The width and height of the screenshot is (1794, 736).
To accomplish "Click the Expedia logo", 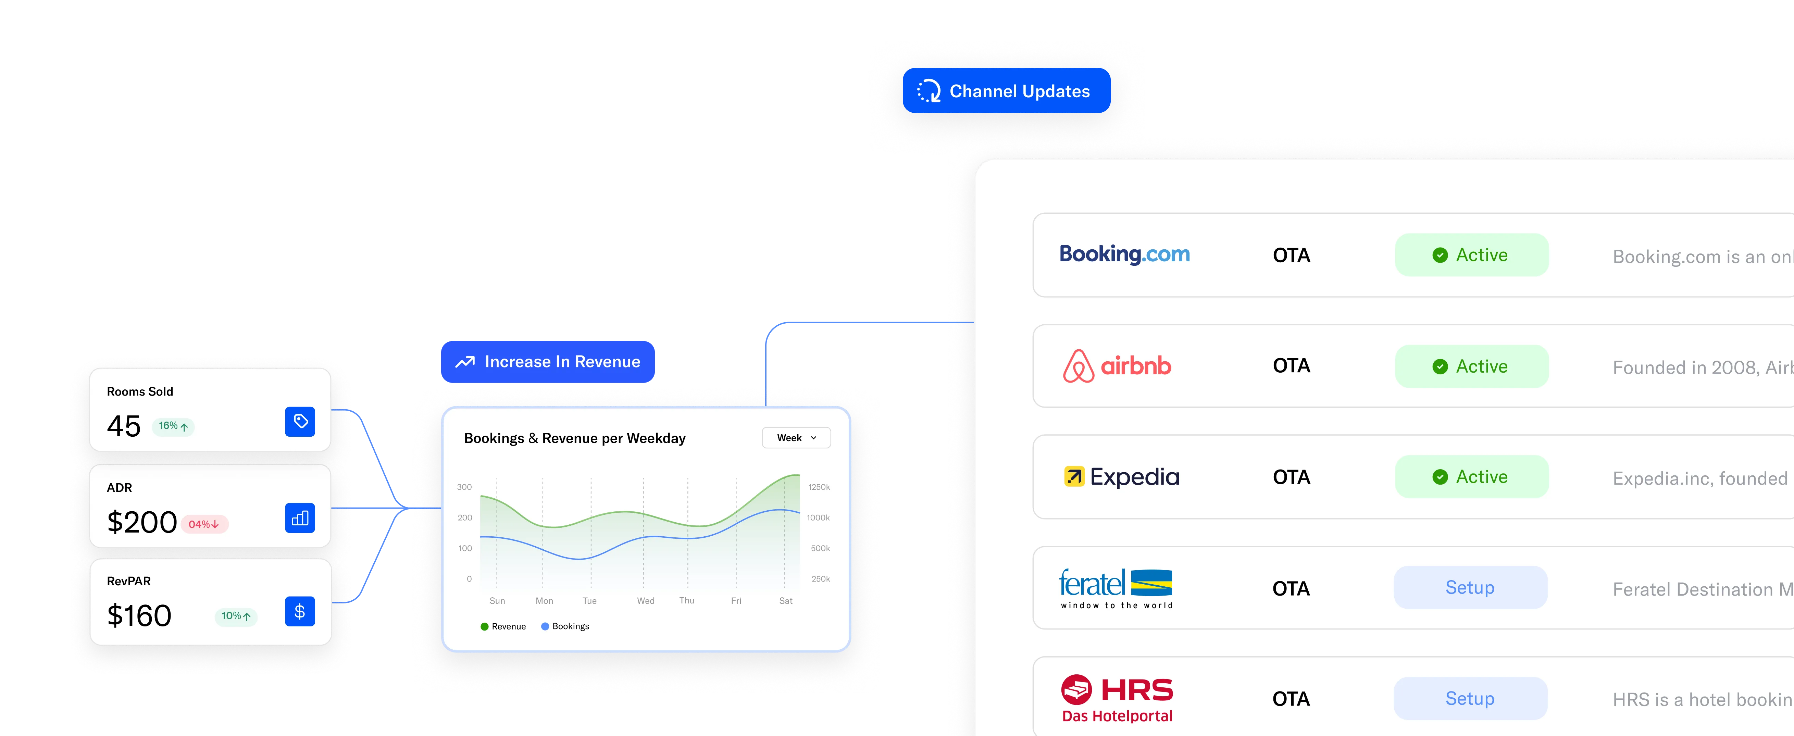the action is pyautogui.click(x=1121, y=477).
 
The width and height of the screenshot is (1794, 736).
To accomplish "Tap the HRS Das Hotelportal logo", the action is pyautogui.click(x=1117, y=698).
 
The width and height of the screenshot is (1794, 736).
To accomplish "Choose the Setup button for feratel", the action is pyautogui.click(x=1470, y=588).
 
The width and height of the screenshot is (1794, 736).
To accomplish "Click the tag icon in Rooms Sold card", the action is pyautogui.click(x=300, y=421).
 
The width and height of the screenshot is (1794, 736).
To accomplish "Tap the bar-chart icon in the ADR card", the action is pyautogui.click(x=300, y=518).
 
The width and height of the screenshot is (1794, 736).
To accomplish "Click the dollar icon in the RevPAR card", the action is pyautogui.click(x=300, y=611).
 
